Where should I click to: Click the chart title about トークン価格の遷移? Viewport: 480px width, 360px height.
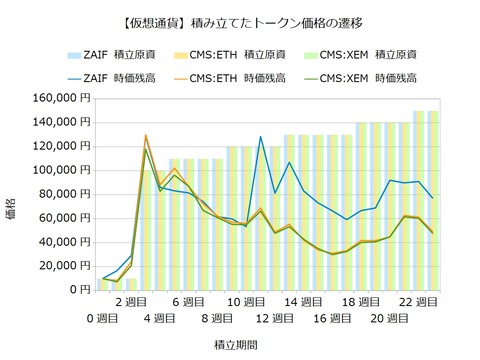[240, 20]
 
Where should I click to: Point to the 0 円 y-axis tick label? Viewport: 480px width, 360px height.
[80, 290]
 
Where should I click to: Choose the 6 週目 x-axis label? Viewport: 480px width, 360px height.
[188, 300]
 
